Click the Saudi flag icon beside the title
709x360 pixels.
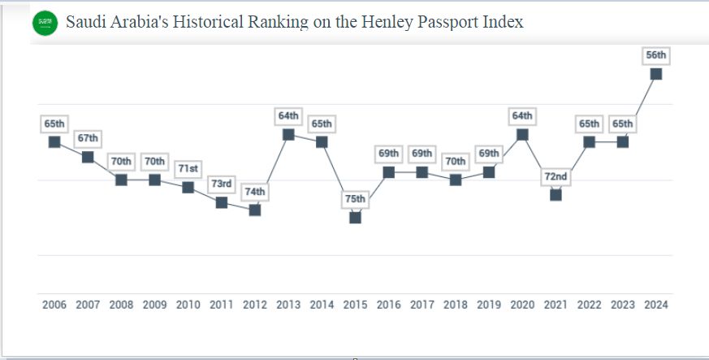tap(45, 24)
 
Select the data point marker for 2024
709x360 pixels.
tap(655, 74)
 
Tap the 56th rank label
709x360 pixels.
tap(655, 55)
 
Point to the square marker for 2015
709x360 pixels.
tap(355, 218)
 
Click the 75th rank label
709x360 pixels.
tap(355, 199)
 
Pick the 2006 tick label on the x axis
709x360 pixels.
tap(54, 306)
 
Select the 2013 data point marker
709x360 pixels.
tap(288, 135)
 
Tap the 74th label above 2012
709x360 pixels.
tap(255, 192)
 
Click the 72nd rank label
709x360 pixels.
tap(556, 176)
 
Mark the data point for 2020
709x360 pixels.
tap(522, 135)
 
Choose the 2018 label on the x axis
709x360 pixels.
tap(455, 306)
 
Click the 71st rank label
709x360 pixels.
tap(188, 168)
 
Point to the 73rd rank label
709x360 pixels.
tap(221, 184)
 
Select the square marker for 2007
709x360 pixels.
tap(88, 157)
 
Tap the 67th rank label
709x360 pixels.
tap(88, 138)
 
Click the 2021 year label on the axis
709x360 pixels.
tap(556, 306)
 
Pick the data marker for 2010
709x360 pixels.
tap(188, 187)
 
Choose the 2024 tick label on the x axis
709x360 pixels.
tap(655, 306)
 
